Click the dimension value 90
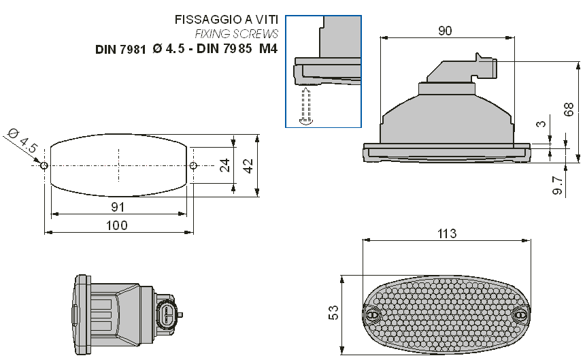pos(445,31)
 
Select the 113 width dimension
pos(447,233)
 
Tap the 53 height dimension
pos(333,312)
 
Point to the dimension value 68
pos(569,110)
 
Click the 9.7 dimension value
pos(557,185)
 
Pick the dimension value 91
pos(118,207)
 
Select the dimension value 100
pos(117,225)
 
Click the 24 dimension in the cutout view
pos(224,165)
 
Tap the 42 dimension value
pos(248,165)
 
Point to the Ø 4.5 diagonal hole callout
pos(22,141)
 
